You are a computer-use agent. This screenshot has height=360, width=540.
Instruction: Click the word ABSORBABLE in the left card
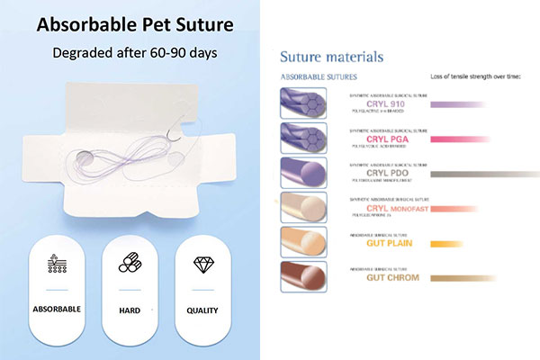click(58, 310)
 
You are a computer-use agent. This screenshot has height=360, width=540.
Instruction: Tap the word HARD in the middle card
click(130, 310)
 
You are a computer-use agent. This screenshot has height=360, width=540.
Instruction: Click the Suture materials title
click(331, 58)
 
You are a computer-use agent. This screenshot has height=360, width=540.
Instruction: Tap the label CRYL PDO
click(387, 173)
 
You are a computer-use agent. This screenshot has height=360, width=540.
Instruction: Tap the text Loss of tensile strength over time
click(476, 77)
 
